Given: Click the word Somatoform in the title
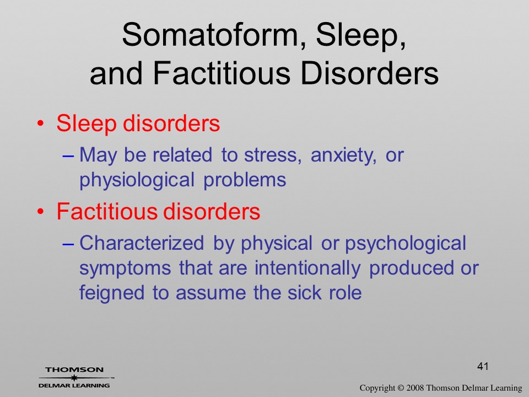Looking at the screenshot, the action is pos(210,35).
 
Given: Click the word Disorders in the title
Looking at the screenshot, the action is pos(369,73).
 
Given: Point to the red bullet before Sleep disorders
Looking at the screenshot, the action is pos(40,123).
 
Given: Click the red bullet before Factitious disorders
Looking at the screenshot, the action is pos(40,212).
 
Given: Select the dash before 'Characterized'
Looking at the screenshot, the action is pos(68,244).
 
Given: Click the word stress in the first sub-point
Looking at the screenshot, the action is pos(272,155).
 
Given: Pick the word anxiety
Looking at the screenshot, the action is pos(343,156).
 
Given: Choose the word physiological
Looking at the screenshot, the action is pos(137,180).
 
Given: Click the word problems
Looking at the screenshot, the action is pos(245,180).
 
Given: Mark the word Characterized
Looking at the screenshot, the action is pos(142,243).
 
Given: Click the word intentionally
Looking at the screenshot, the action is pos(307,269).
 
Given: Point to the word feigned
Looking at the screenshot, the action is pos(112,293).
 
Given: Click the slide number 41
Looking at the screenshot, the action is pos(483,366).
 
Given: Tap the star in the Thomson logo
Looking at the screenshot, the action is pos(74,378).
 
